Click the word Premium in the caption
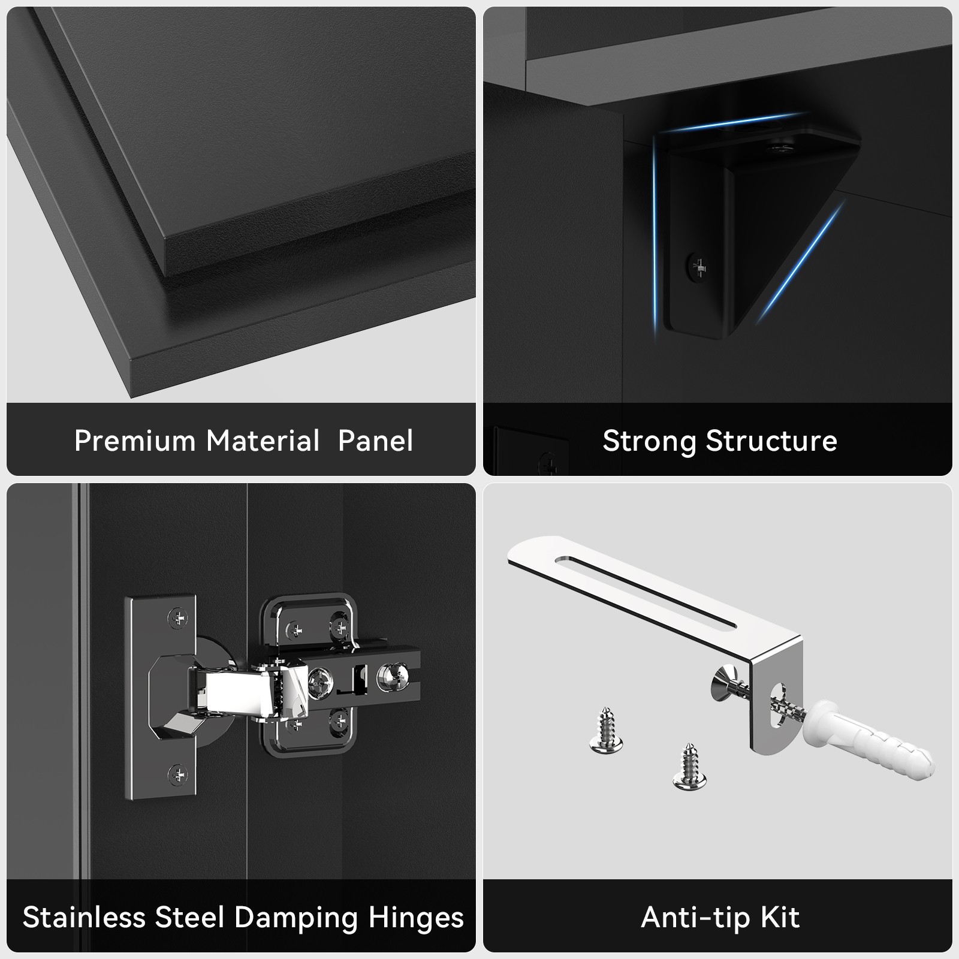(x=136, y=441)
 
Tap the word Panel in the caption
(x=376, y=441)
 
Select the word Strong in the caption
(x=649, y=441)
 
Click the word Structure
(x=771, y=441)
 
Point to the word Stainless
(x=85, y=917)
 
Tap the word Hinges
(x=416, y=918)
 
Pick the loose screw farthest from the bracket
(x=606, y=729)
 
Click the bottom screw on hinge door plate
(x=177, y=775)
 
